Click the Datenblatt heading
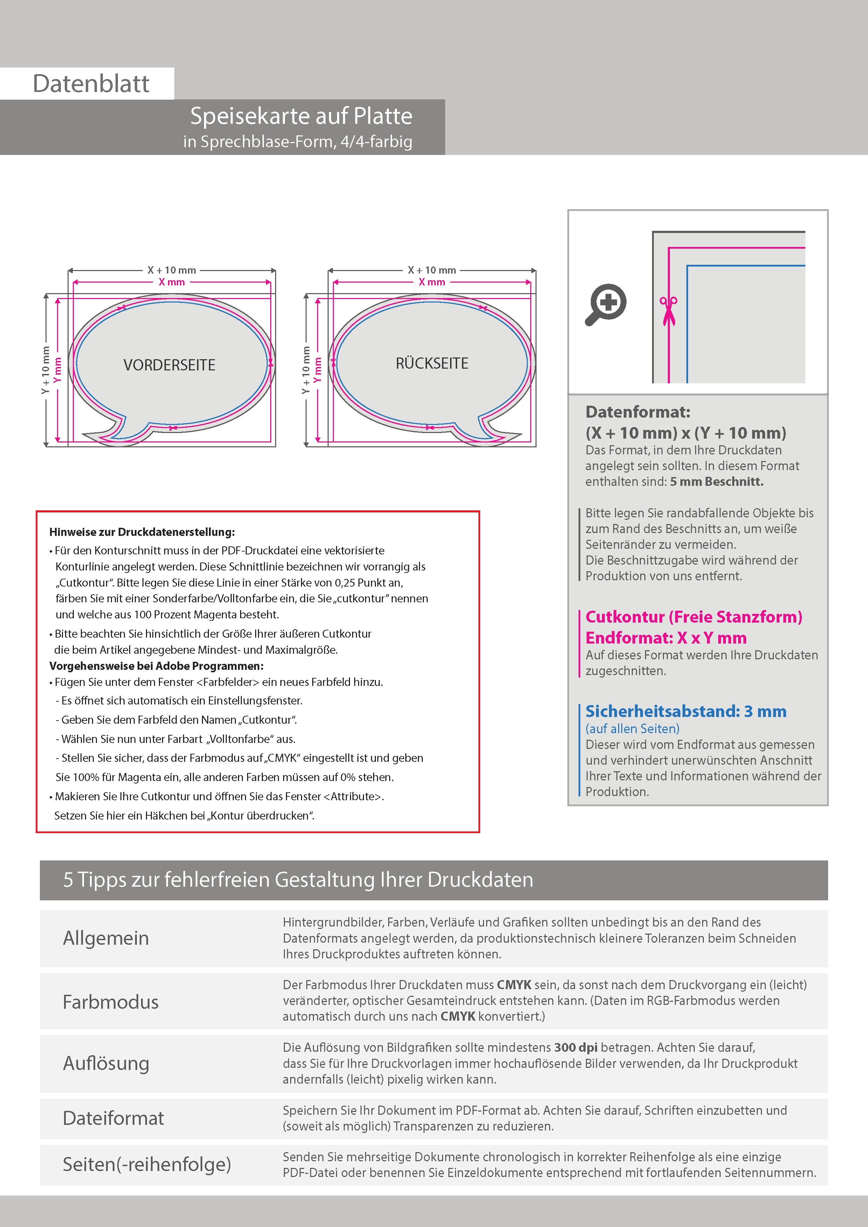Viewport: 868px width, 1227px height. pos(91,84)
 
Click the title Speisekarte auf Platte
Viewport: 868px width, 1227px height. pos(301,116)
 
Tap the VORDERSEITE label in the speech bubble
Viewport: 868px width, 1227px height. pos(169,365)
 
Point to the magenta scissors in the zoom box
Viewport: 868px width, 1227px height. pos(668,311)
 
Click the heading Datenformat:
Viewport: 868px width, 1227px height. pos(637,412)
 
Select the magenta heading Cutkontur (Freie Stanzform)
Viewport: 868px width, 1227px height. pos(694,617)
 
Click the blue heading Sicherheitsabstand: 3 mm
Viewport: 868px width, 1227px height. pos(686,711)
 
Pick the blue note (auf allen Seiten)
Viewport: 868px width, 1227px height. pos(632,728)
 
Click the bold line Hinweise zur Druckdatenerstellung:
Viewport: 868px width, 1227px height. pos(142,532)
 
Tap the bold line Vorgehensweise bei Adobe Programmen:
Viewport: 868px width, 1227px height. pos(156,666)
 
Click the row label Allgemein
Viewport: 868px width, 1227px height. pos(106,938)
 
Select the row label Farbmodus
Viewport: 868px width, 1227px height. pos(111,1001)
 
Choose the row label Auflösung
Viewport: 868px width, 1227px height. pos(106,1063)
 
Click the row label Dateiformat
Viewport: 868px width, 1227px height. pos(113,1118)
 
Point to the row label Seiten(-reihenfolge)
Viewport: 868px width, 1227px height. pos(147,1164)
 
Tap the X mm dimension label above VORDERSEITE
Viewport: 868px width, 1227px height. pos(171,282)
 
